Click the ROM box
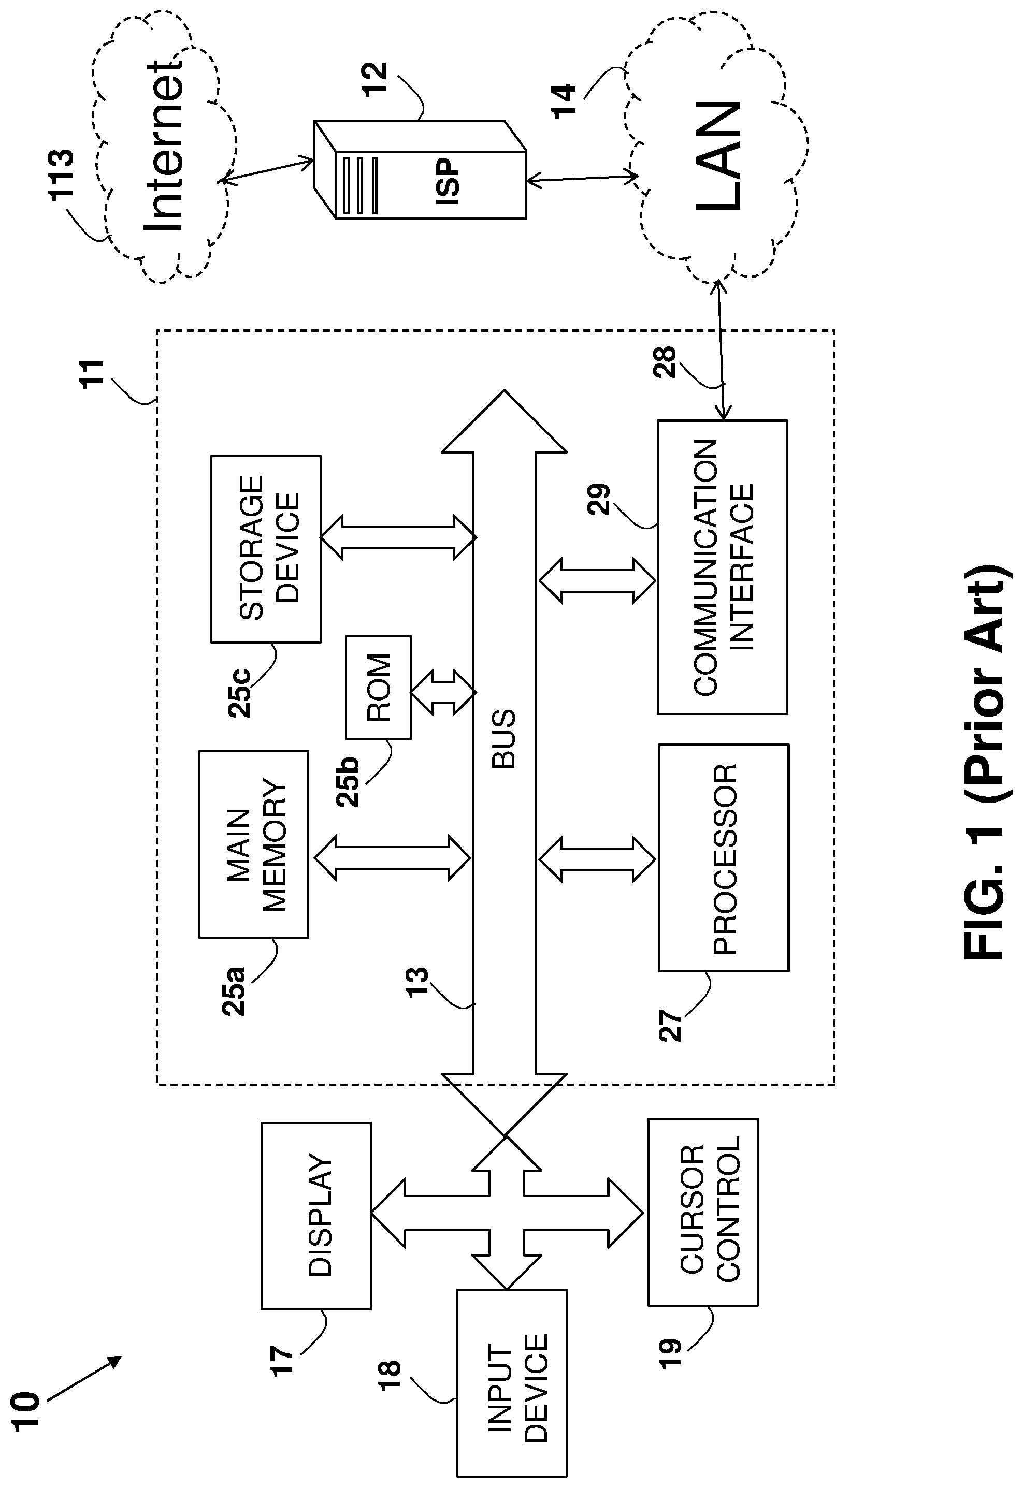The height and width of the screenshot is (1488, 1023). [378, 688]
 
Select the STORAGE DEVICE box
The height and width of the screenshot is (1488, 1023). [266, 549]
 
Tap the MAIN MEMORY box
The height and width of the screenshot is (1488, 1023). [254, 844]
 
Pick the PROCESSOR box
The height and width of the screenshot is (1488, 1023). [724, 858]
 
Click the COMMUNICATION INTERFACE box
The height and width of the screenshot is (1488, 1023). [723, 567]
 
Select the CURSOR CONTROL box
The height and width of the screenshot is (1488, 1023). [703, 1212]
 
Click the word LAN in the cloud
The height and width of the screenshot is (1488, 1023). [718, 156]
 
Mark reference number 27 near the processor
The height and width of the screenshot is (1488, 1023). [671, 1026]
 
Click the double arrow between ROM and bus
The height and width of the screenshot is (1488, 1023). [443, 692]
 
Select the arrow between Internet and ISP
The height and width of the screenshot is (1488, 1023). [265, 171]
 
